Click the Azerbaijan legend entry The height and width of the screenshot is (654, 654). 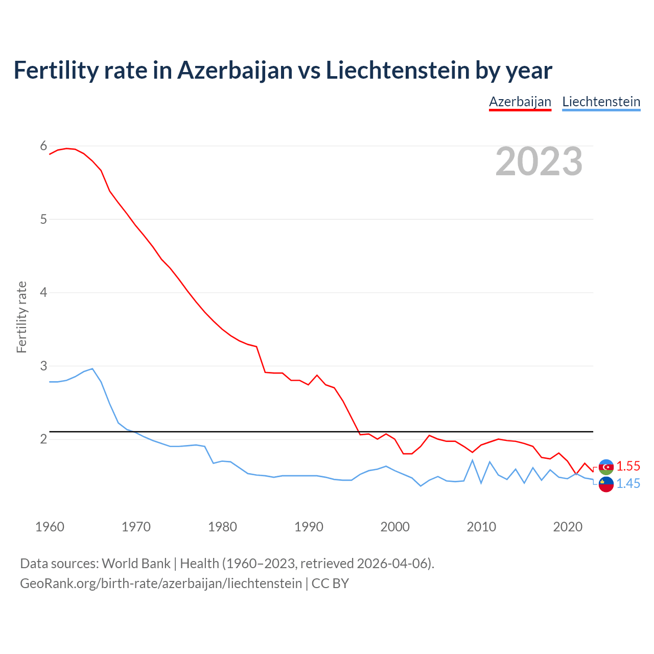[x=520, y=102]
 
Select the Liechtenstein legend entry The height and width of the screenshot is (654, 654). [x=601, y=102]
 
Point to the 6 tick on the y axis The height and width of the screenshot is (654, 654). [x=43, y=146]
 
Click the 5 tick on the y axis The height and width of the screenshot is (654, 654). [x=43, y=219]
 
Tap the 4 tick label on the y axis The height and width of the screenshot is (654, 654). [x=43, y=293]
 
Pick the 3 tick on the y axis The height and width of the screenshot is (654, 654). [x=43, y=366]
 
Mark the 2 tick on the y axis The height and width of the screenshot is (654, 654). [x=43, y=439]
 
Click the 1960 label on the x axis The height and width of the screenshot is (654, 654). [x=50, y=527]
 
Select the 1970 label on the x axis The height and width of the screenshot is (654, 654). [x=136, y=527]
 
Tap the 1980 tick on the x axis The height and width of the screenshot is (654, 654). [x=222, y=527]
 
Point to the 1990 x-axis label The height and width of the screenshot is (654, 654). [x=309, y=527]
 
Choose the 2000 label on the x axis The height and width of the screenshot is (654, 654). [x=395, y=527]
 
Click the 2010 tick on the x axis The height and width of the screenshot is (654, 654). [x=481, y=527]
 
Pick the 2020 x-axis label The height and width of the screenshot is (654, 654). [x=568, y=527]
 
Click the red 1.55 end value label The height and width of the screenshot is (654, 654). [x=628, y=466]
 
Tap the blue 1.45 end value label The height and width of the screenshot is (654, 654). [x=628, y=483]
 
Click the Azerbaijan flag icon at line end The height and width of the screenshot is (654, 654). [x=606, y=467]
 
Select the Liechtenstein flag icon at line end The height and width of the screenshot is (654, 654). [x=606, y=484]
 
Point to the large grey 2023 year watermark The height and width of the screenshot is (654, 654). [x=539, y=161]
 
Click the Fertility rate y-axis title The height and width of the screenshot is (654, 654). [x=21, y=317]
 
